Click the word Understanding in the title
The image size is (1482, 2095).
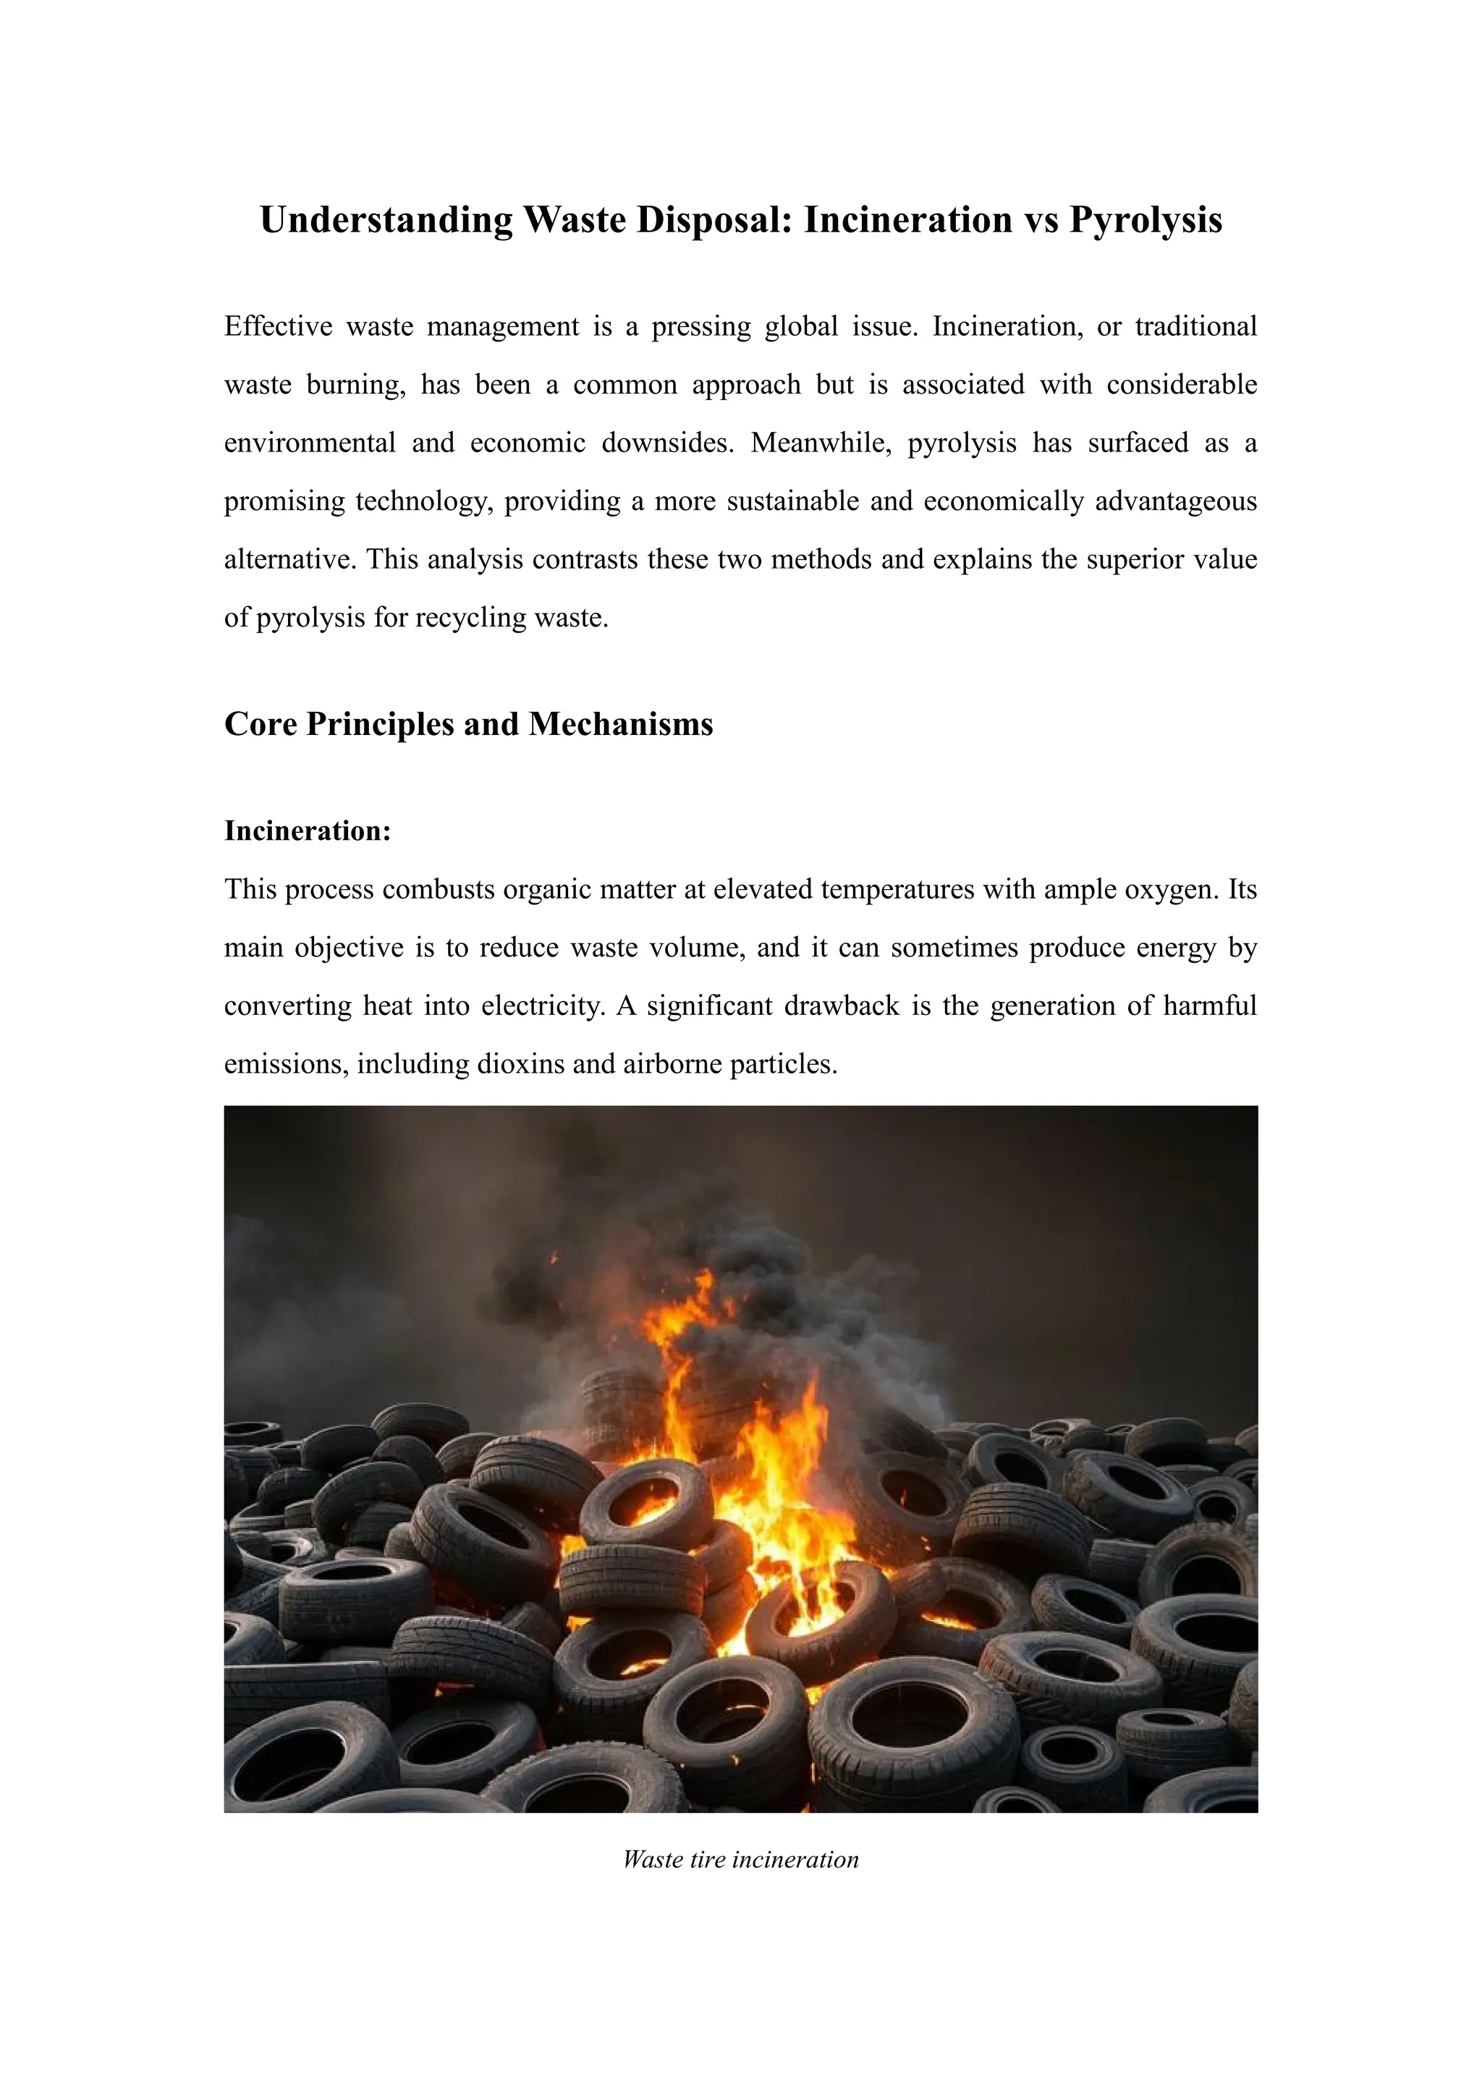click(384, 221)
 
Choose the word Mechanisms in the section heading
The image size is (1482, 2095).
click(621, 723)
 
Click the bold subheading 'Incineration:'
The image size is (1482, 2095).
click(308, 830)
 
